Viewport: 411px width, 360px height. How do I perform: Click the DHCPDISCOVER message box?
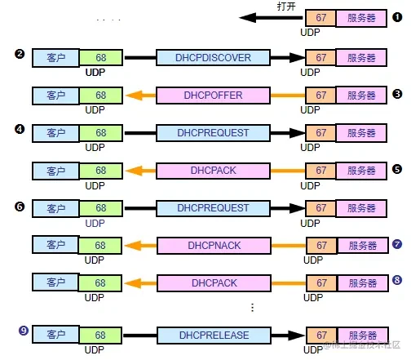[x=213, y=57]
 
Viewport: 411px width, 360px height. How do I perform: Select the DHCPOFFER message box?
[x=213, y=96]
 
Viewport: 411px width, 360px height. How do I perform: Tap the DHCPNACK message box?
[x=214, y=246]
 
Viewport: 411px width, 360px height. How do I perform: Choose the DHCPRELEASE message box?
[x=214, y=336]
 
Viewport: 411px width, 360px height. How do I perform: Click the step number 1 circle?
[x=397, y=17]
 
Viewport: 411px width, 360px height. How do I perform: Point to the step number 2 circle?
[x=20, y=54]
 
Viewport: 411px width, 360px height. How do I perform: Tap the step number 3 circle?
[x=397, y=94]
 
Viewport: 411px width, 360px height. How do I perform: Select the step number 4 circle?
[x=20, y=129]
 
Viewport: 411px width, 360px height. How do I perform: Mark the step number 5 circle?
[x=397, y=169]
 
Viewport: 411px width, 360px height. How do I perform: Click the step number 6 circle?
[x=20, y=207]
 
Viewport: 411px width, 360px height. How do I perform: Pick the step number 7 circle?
[x=397, y=244]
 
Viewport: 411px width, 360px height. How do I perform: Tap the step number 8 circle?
[x=397, y=280]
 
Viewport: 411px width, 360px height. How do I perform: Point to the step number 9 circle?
[x=24, y=331]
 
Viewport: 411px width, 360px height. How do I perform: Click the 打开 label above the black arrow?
[x=286, y=7]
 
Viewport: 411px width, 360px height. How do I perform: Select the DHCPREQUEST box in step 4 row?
[x=213, y=133]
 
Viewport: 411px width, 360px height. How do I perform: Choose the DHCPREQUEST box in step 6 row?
[x=213, y=208]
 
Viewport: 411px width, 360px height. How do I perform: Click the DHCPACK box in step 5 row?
[x=213, y=171]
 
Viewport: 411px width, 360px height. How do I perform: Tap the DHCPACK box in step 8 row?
[x=214, y=283]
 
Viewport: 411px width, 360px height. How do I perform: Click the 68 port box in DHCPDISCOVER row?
[x=101, y=57]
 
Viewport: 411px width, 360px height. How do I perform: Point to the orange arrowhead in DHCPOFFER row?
[x=134, y=96]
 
